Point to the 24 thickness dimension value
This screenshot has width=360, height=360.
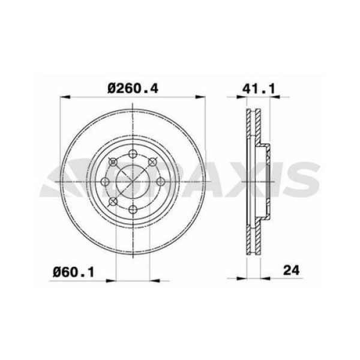292,271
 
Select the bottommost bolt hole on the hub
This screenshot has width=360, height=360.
133,210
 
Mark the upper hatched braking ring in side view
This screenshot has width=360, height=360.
252,126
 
